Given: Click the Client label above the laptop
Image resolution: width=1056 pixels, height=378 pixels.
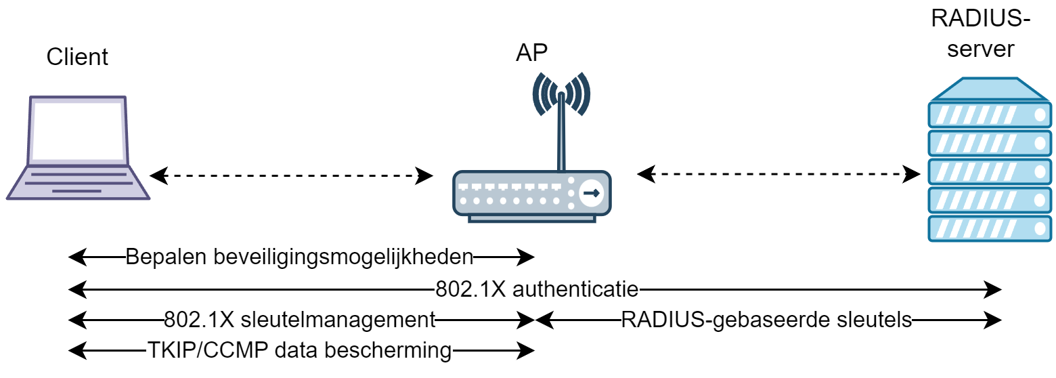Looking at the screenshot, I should pyautogui.click(x=77, y=57).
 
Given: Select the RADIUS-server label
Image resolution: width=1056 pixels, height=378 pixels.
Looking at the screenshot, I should pyautogui.click(x=981, y=34).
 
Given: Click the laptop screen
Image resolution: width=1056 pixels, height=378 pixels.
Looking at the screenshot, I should pyautogui.click(x=77, y=130).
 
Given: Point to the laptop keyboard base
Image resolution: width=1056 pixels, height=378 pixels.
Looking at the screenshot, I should pyautogui.click(x=79, y=182).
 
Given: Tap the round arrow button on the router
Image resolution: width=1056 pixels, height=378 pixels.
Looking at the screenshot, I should pyautogui.click(x=591, y=193).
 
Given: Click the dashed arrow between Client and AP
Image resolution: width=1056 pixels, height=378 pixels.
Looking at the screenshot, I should pyautogui.click(x=291, y=176).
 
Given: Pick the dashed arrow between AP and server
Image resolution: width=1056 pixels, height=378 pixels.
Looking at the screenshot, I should pyautogui.click(x=778, y=175).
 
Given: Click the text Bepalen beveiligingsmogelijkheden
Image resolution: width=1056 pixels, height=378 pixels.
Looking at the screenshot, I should pyautogui.click(x=299, y=257).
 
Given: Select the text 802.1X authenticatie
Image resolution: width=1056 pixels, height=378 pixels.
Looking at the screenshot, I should pyautogui.click(x=537, y=290).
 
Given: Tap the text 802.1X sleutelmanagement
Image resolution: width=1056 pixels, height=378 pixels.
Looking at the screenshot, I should pyautogui.click(x=299, y=319).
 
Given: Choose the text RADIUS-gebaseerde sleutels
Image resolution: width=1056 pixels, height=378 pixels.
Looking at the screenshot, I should pyautogui.click(x=766, y=319).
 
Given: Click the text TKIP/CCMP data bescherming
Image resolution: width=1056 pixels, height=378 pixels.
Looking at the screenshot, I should pyautogui.click(x=299, y=350).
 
